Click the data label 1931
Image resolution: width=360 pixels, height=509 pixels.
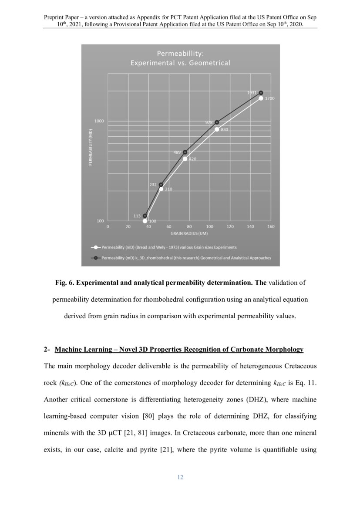coord(252,93)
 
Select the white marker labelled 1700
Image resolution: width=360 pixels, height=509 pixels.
coord(261,98)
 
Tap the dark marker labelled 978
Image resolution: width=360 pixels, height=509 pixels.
coord(217,122)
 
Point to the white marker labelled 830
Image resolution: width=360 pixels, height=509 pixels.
coord(217,129)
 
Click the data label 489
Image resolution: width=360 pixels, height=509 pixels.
coord(177,152)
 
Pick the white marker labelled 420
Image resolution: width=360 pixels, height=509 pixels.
coord(185,159)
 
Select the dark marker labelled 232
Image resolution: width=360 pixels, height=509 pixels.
coord(161,185)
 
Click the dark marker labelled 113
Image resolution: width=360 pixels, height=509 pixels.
coord(145,216)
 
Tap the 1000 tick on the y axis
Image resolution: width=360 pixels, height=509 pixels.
coord(99,121)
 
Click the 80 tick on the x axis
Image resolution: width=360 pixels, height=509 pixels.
coord(189,226)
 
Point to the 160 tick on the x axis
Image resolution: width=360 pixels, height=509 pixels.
coord(271,226)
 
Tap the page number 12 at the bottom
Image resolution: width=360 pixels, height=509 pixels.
coord(180,477)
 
